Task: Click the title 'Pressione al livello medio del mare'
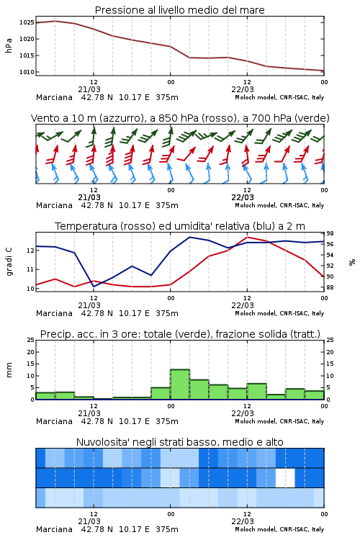[x=179, y=10]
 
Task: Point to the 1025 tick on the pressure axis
[x=27, y=23]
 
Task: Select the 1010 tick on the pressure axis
[x=27, y=72]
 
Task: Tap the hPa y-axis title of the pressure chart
[x=9, y=45]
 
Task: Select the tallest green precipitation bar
[x=180, y=384]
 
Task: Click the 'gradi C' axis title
[x=9, y=261]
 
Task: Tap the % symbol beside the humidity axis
[x=352, y=262]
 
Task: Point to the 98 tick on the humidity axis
[x=330, y=233]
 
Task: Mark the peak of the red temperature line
[x=248, y=237]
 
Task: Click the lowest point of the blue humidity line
[x=94, y=286]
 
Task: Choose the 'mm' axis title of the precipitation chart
[x=9, y=370]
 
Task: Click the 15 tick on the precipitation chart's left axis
[x=31, y=364]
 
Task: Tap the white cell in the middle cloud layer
[x=285, y=478]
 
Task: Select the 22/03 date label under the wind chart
[x=243, y=197]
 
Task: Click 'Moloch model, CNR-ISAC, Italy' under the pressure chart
[x=279, y=97]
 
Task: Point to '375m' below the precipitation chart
[x=167, y=421]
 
